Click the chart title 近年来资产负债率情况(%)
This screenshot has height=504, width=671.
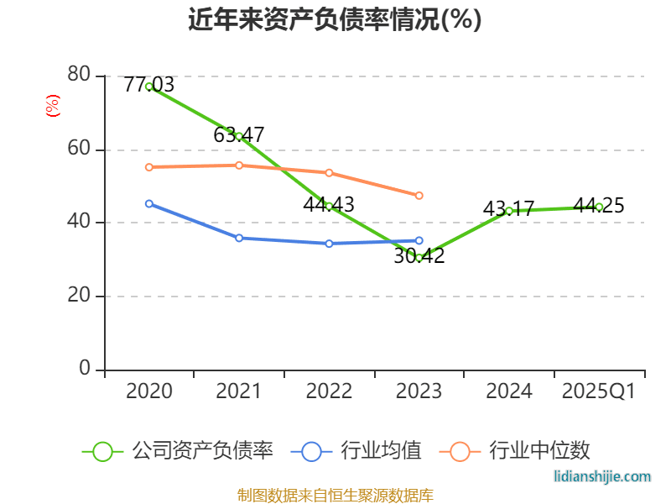click(335, 19)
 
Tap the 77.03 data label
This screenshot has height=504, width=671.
click(148, 84)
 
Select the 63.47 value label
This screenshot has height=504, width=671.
click(239, 134)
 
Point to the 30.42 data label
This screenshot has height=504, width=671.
click(419, 256)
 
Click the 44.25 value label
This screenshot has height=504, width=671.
click(599, 206)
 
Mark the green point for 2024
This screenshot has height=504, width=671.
click(509, 211)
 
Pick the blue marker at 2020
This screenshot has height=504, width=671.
click(149, 203)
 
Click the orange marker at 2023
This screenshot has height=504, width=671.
click(419, 196)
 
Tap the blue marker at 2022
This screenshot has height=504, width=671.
click(329, 244)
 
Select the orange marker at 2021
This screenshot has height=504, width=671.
click(239, 165)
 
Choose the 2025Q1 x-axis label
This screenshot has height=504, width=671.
click(599, 391)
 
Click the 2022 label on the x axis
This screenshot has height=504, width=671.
click(329, 391)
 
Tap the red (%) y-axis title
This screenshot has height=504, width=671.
click(53, 106)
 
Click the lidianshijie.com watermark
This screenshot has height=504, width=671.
click(602, 476)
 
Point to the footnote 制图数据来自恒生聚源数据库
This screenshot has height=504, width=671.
click(335, 495)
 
